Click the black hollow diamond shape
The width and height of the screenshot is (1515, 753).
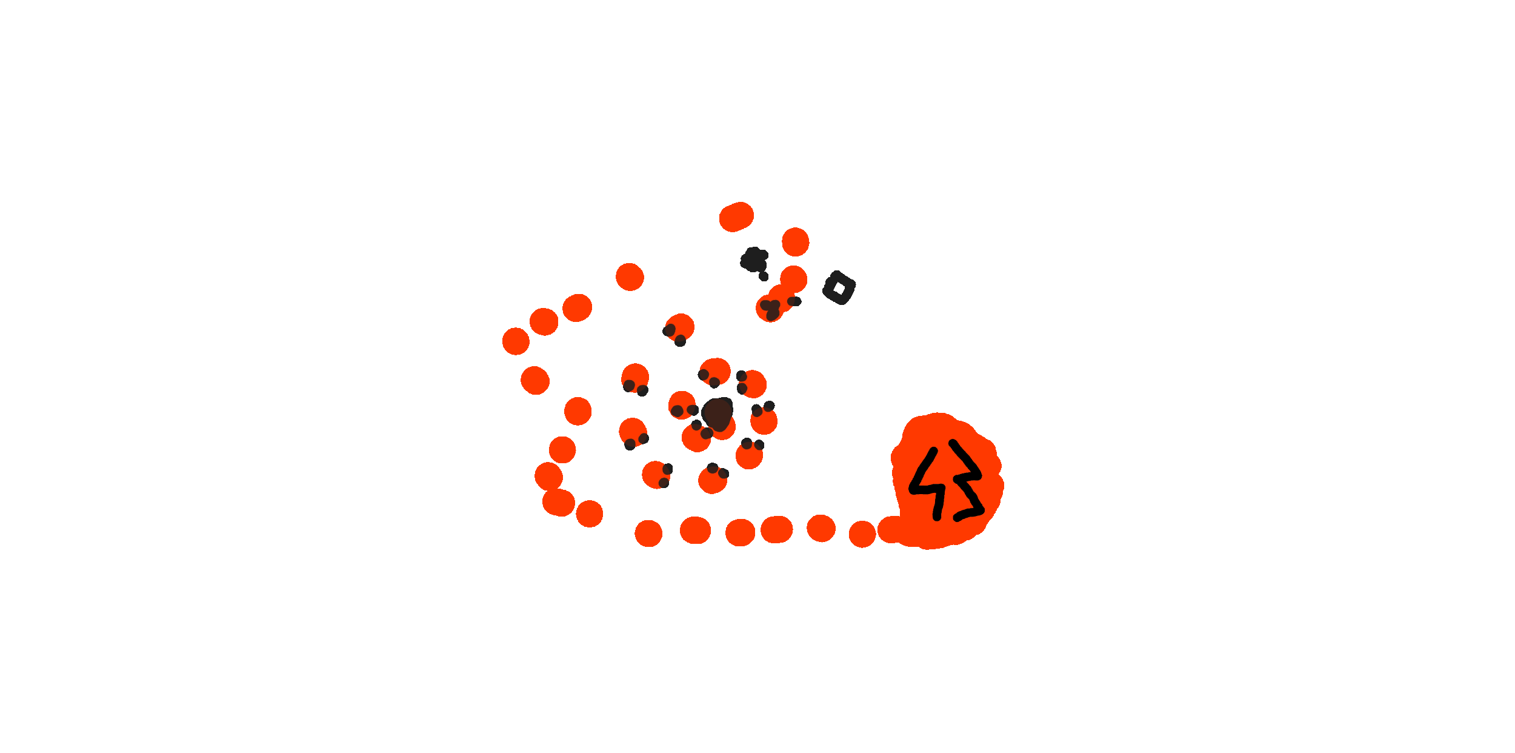pos(839,288)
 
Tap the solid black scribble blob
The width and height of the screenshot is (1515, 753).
pos(754,260)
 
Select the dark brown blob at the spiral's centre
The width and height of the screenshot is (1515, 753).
pos(718,413)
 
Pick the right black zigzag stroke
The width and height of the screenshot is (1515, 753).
pos(967,479)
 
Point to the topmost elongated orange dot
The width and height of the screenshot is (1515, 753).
pos(736,216)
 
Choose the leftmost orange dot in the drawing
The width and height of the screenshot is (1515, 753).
pos(516,341)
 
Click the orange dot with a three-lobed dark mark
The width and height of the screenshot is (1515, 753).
pos(770,308)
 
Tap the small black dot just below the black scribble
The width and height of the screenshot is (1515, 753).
pos(764,276)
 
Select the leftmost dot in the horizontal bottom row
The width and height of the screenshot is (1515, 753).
pos(648,534)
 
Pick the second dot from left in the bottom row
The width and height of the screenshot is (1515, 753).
pos(695,530)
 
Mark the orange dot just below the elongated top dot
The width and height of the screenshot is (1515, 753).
pos(795,242)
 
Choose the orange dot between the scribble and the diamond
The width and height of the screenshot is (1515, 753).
pos(793,279)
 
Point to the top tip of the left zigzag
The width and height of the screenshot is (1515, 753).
pos(934,451)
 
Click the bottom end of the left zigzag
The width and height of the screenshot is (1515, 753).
pos(937,517)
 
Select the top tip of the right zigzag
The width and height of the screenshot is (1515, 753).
pos(952,443)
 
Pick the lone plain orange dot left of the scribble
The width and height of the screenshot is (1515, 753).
pos(630,277)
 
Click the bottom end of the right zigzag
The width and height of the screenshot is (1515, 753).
pos(957,518)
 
